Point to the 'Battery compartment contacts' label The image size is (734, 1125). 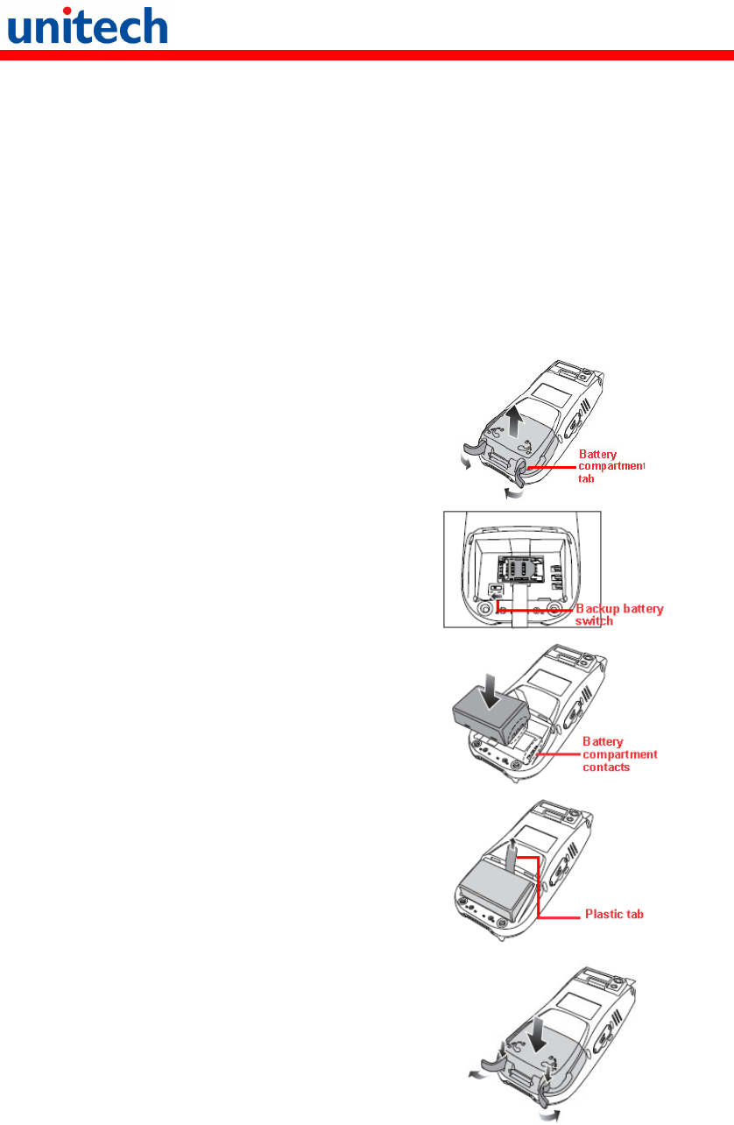click(x=620, y=754)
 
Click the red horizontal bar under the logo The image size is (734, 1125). click(x=367, y=55)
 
